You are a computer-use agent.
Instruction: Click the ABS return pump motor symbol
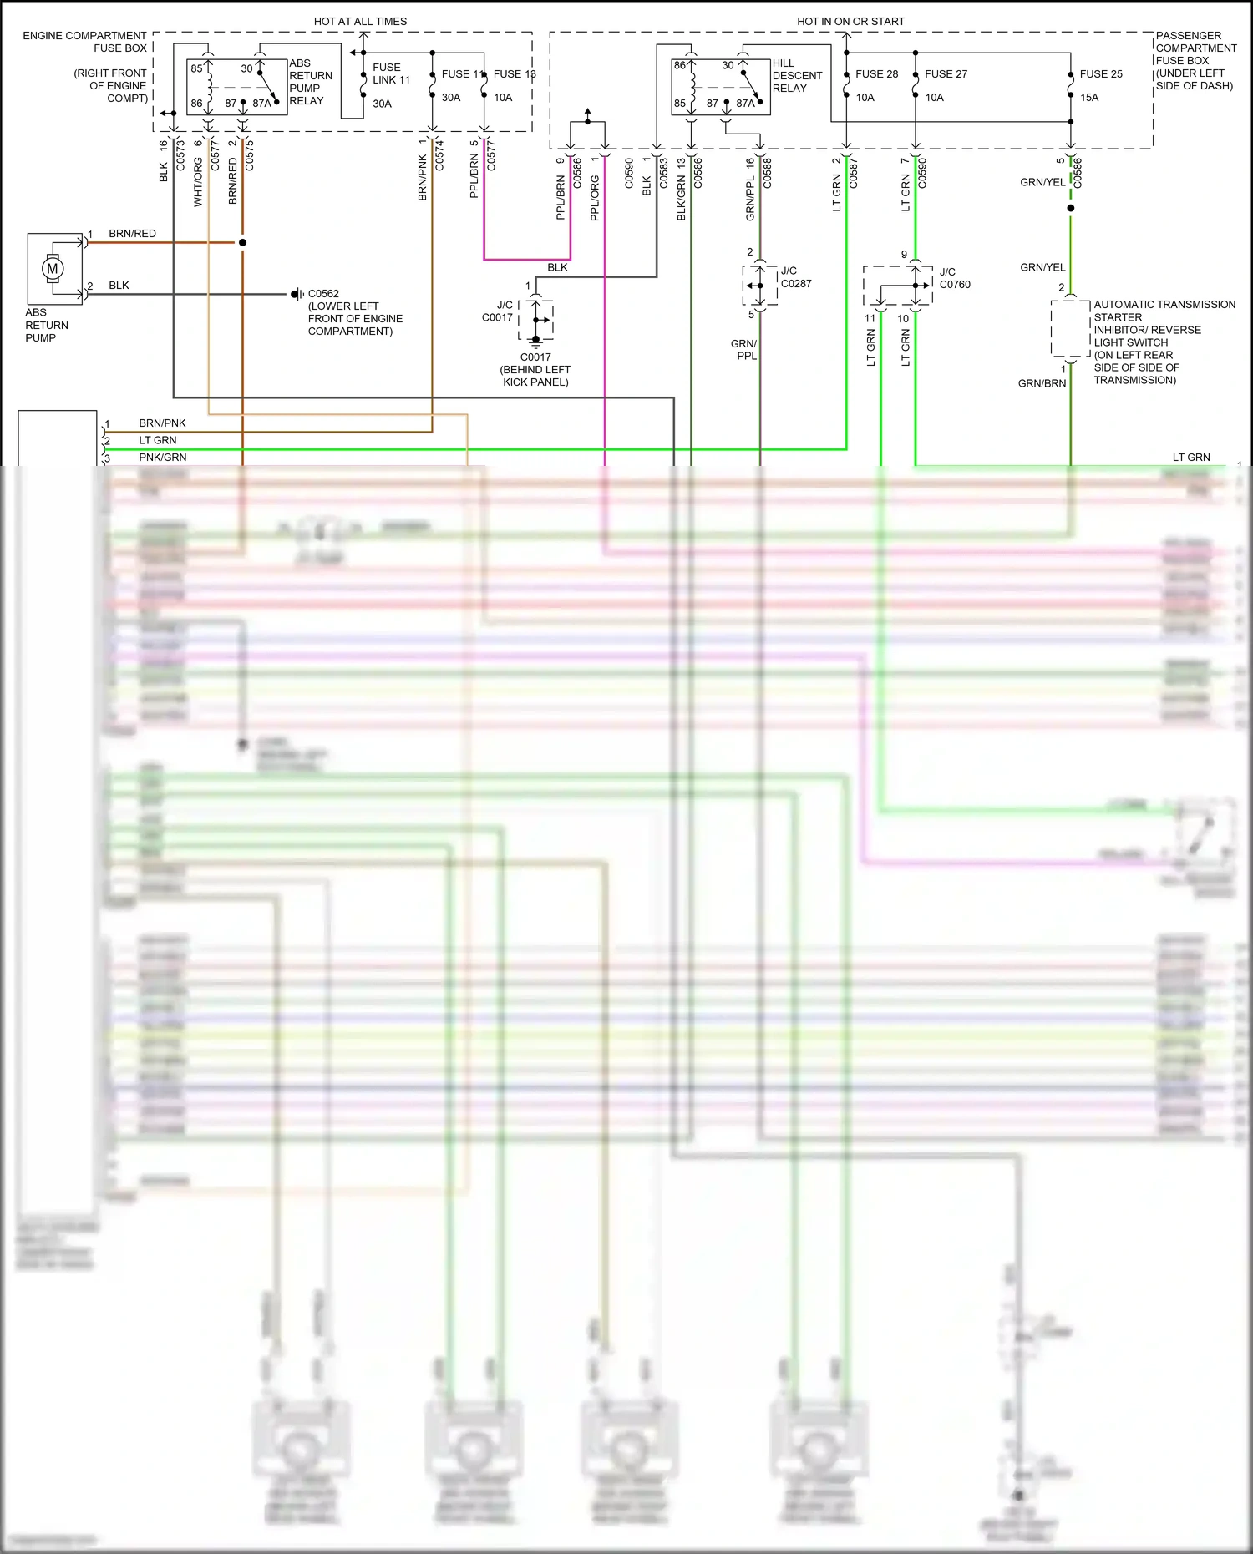(53, 269)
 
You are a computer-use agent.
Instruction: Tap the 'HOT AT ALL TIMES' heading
(360, 21)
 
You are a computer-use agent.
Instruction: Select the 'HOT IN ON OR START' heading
(850, 21)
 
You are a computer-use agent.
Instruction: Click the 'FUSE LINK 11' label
(391, 73)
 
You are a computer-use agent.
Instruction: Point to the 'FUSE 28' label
(876, 73)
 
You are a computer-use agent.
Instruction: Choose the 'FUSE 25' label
(1100, 73)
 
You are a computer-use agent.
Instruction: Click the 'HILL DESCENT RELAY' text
(797, 75)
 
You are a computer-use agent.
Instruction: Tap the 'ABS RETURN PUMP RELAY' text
(310, 82)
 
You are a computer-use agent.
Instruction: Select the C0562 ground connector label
(323, 293)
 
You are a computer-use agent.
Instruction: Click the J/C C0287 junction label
(795, 277)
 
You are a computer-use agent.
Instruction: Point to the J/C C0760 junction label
(954, 278)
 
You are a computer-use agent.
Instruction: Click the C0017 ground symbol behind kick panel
(536, 339)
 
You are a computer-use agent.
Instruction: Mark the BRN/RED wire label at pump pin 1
(132, 233)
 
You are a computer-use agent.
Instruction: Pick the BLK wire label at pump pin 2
(119, 285)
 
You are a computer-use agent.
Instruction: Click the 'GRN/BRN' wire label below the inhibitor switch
(1041, 383)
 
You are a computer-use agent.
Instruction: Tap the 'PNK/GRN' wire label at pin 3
(162, 457)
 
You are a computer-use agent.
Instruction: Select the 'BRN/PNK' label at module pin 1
(162, 423)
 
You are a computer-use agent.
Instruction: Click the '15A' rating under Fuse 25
(1088, 97)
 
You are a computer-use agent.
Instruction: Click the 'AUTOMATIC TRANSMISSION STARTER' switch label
(1164, 311)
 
